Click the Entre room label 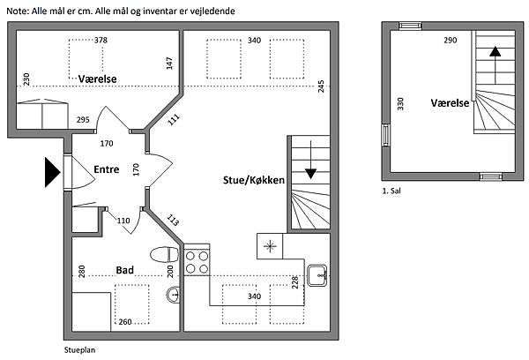click(x=107, y=169)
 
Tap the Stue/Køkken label click(x=254, y=180)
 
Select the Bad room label click(x=125, y=270)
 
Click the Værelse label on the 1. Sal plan click(x=450, y=103)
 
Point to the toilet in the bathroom click(x=164, y=254)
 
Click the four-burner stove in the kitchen click(x=197, y=263)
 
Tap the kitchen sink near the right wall click(x=317, y=275)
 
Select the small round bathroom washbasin click(x=174, y=295)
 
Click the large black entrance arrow click(x=53, y=172)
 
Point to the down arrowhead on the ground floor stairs click(x=310, y=174)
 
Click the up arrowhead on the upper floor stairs click(x=495, y=51)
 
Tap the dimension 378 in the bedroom click(x=101, y=41)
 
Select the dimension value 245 click(x=321, y=86)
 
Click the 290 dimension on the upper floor click(x=451, y=41)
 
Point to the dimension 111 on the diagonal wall click(x=174, y=119)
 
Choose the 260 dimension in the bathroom click(x=125, y=322)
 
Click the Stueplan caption click(x=80, y=350)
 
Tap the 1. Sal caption click(x=391, y=191)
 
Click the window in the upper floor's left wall click(x=385, y=135)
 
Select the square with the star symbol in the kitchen click(x=270, y=246)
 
